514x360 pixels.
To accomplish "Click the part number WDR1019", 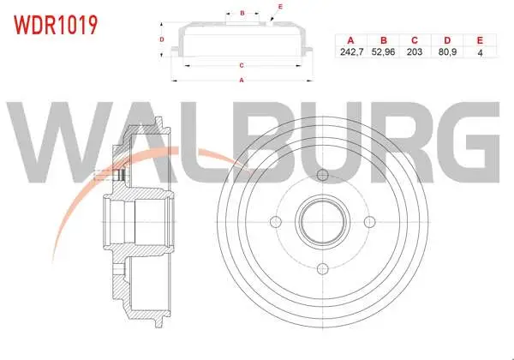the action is point(56,25).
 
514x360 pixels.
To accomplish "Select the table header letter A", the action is point(350,40).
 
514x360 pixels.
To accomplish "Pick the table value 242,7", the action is point(351,51).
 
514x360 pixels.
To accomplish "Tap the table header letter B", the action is point(384,40).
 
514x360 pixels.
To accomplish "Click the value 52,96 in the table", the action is point(383,51).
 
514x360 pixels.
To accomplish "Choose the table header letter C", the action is point(415,40).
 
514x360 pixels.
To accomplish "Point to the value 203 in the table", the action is point(415,51).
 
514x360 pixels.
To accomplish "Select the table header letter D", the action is point(447,40).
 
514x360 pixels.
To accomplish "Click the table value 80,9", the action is point(447,51).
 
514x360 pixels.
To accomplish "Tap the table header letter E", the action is point(480,40).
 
